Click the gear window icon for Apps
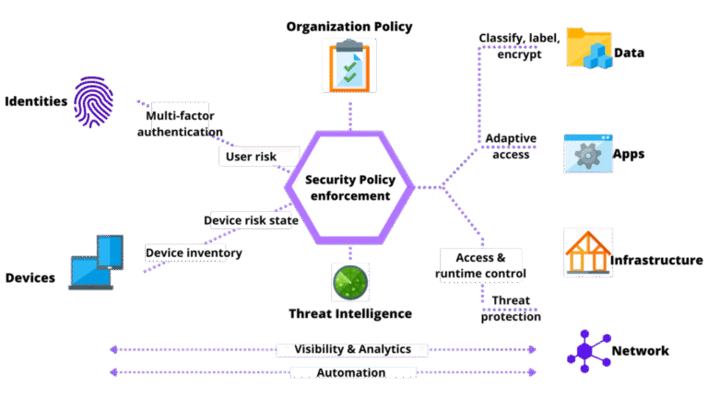pos(587,154)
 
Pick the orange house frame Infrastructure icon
pos(588,252)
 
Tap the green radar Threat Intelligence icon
pos(350,282)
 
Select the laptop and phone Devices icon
pos(96,263)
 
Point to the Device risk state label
pos(247,220)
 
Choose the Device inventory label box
pos(185,252)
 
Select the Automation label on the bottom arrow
pos(351,373)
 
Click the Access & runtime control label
pos(479,265)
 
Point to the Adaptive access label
pos(511,146)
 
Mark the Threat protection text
pos(510,309)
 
